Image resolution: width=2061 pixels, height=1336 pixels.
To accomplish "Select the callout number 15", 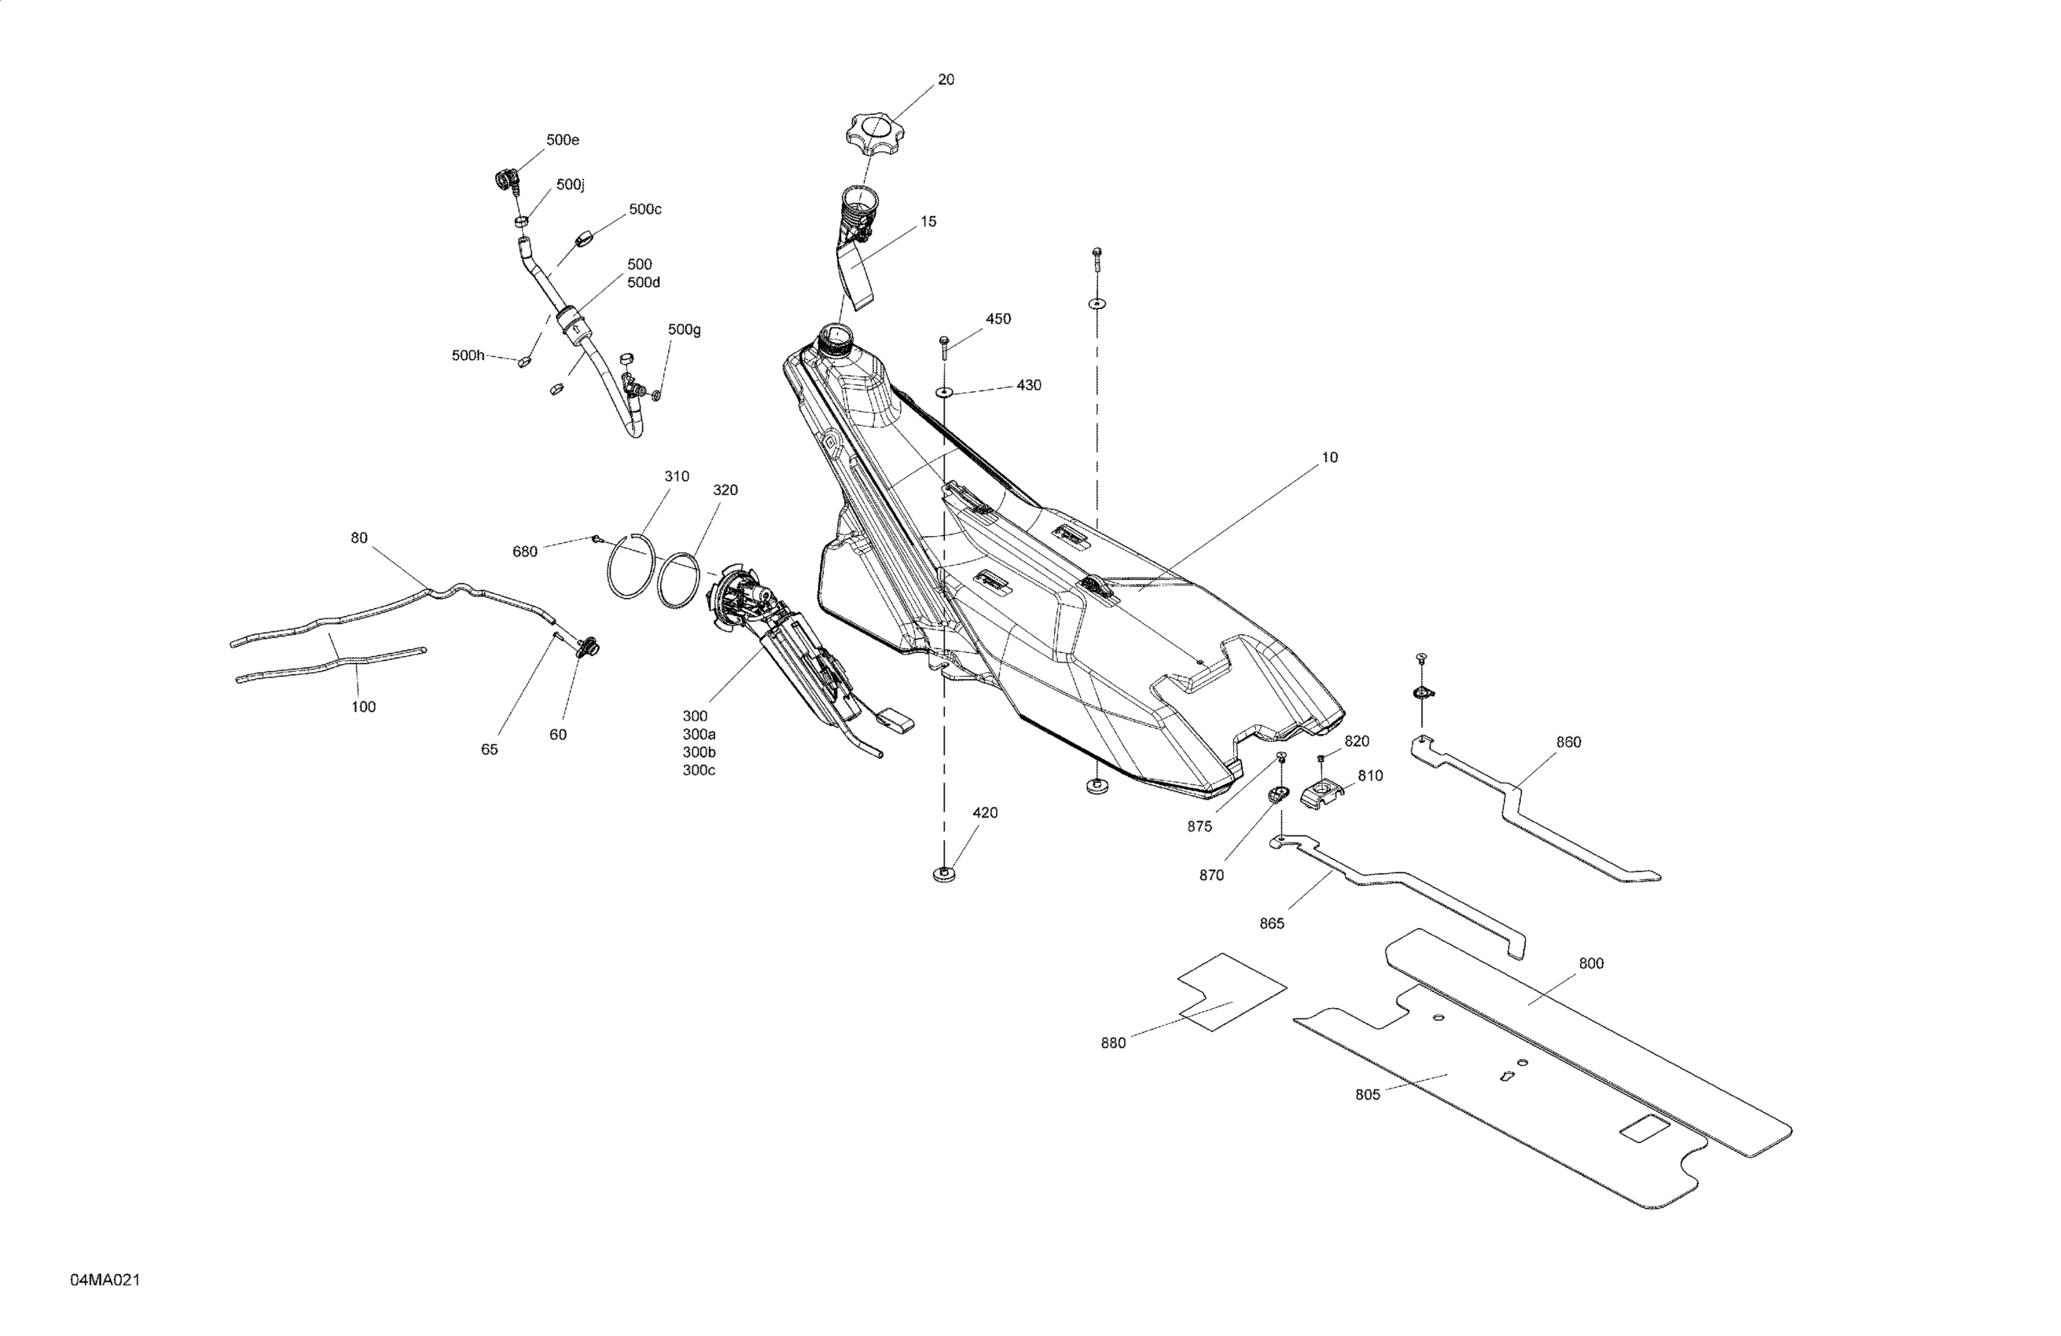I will [928, 222].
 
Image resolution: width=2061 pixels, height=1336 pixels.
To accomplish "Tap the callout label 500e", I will [563, 140].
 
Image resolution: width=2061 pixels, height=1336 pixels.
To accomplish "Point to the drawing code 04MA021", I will [105, 1279].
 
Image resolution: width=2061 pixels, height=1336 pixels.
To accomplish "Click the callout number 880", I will [1113, 1044].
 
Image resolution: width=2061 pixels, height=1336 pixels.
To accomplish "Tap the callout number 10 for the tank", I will [1329, 457].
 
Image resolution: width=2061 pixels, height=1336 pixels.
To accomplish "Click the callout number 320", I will [725, 490].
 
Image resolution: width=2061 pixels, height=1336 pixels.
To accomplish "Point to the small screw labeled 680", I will [597, 539].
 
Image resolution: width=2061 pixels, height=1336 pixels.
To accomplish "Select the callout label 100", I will [363, 707].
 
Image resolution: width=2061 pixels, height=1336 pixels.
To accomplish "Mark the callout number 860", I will [1568, 742].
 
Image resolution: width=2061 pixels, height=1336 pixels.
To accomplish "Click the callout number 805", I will [1368, 1096].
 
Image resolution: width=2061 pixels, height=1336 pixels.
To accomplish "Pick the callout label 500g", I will [684, 330].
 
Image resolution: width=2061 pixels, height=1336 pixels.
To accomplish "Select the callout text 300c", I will [699, 771].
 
